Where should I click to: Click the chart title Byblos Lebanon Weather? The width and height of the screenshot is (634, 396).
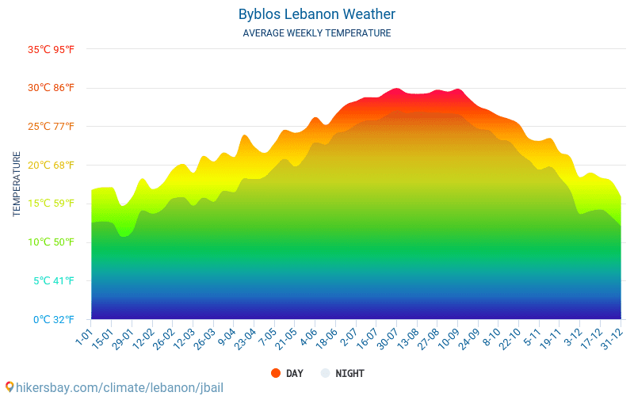316,14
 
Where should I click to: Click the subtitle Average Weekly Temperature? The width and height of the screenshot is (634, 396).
316,33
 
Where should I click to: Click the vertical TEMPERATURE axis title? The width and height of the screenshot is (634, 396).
17,185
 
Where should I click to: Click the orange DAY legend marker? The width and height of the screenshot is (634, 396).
276,373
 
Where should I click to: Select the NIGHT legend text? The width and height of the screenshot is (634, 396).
349,373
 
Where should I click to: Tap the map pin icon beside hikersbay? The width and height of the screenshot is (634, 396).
10,387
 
